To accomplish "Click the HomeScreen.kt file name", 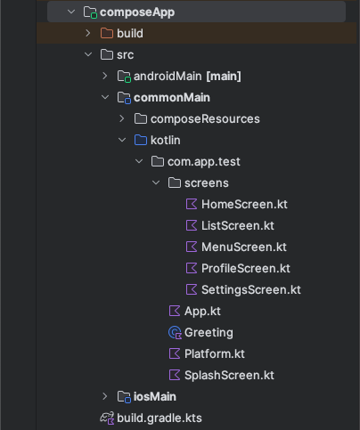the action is point(244,204).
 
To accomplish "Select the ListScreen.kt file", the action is point(238,225).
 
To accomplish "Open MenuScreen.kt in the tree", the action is point(244,247).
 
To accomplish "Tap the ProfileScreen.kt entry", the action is point(246,268).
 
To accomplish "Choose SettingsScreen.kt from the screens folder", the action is point(251,290).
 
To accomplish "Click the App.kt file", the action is point(202,312).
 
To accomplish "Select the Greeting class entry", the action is point(209,333).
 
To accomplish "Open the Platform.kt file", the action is point(215,353).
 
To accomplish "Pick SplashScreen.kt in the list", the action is point(229,375).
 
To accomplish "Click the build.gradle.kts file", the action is point(160,418).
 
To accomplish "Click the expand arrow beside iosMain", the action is point(105,396).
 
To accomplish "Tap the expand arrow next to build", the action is point(88,33).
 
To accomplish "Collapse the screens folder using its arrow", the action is point(156,183).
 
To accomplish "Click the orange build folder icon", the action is point(107,33).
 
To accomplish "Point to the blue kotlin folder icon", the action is point(141,140).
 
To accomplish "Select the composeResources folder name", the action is point(205,119).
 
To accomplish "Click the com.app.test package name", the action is point(204,162).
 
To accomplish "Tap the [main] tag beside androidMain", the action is point(224,77).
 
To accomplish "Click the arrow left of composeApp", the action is point(71,12).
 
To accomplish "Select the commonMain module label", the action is point(172,97).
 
